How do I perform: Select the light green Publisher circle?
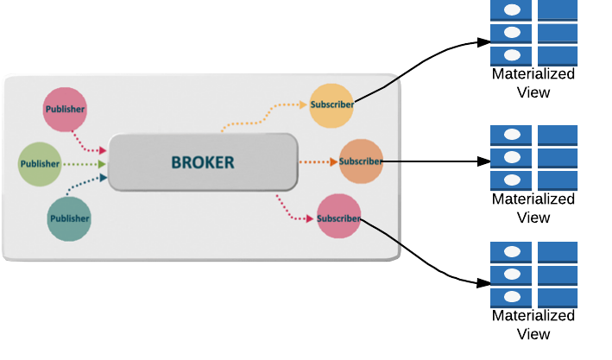(40, 163)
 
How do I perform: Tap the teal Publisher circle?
(68, 218)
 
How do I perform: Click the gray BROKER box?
(202, 162)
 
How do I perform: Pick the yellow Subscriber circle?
(331, 104)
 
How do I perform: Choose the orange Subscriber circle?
(360, 161)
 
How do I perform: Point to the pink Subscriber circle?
(338, 217)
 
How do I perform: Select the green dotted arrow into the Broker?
(85, 163)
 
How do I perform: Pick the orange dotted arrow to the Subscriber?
(317, 161)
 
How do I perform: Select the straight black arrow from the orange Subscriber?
(432, 161)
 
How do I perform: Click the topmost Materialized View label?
(533, 84)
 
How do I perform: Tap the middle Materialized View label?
(533, 208)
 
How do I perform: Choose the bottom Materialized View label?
(533, 325)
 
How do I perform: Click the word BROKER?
(202, 161)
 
